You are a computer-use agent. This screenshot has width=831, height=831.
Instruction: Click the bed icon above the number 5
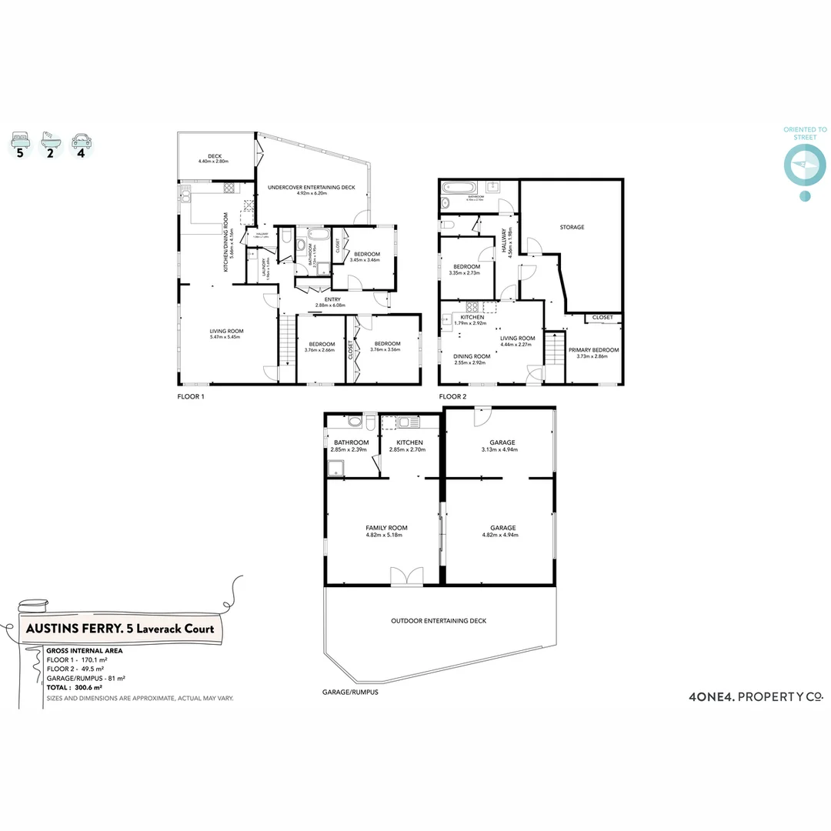click(20, 141)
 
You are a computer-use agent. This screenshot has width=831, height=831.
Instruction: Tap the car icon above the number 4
click(80, 141)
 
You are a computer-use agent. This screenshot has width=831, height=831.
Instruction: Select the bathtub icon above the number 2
click(50, 141)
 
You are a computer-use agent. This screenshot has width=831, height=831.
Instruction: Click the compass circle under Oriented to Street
click(804, 164)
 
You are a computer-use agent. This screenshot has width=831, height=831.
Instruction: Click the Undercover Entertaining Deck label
click(311, 187)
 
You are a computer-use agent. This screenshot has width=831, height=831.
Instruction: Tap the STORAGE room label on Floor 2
click(572, 227)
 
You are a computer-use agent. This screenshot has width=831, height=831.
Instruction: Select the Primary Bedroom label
click(593, 350)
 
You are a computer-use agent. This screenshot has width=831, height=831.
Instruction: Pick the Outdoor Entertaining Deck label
click(438, 621)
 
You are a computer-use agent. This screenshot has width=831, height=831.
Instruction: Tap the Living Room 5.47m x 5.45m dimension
click(225, 337)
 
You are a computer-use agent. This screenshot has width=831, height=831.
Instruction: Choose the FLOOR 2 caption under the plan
click(452, 397)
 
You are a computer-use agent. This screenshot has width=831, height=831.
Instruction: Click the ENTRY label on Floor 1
click(333, 299)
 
